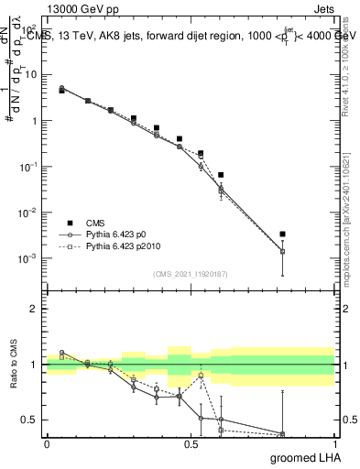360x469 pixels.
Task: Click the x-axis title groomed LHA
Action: [x=305, y=457]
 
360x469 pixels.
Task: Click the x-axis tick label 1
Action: [x=334, y=443]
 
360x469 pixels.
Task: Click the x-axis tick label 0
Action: [x=47, y=443]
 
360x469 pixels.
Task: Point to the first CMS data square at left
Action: [x=61, y=91]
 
